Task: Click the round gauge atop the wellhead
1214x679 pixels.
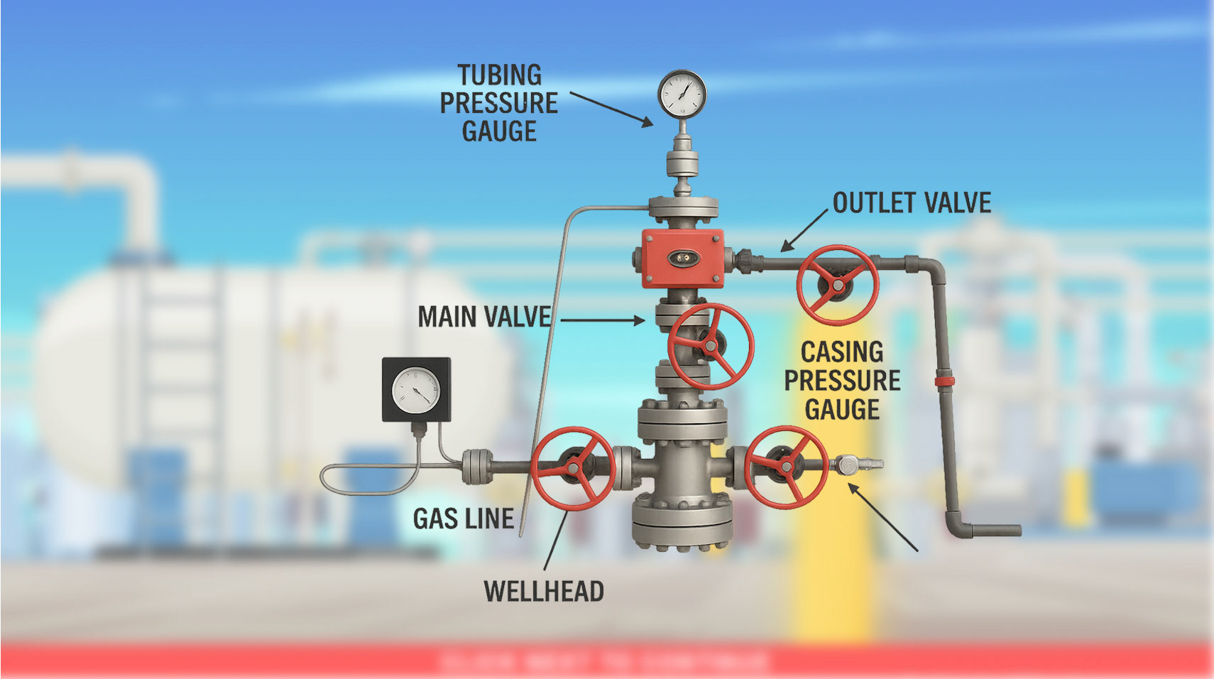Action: coord(682,94)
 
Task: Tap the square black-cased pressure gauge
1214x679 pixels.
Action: coord(416,390)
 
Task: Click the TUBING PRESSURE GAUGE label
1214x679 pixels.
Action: coord(499,103)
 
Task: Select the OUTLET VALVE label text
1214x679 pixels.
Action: coord(912,203)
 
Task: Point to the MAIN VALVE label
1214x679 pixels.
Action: coord(484,317)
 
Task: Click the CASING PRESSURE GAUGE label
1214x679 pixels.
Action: coord(842,381)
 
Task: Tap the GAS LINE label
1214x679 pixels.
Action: coord(464,519)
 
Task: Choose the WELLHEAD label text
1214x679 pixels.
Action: coord(544,592)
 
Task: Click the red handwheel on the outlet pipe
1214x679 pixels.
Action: coord(837,286)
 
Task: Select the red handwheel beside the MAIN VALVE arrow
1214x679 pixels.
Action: coord(711,347)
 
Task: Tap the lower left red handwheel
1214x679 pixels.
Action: coord(573,468)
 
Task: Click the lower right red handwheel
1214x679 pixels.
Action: coord(787,466)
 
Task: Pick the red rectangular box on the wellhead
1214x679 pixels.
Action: coord(682,259)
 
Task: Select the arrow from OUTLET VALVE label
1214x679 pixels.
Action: coord(804,230)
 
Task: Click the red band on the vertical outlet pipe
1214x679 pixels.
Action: coord(944,381)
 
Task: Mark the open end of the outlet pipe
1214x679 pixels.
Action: coord(1017,530)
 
